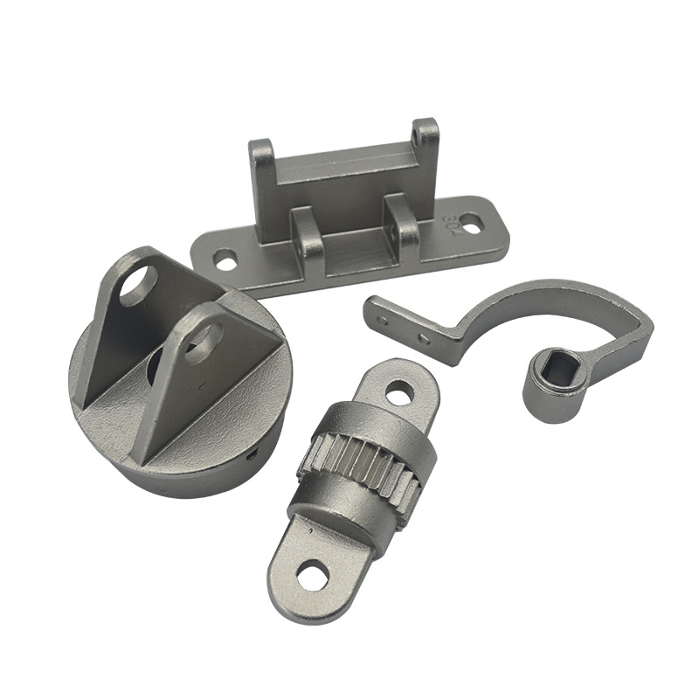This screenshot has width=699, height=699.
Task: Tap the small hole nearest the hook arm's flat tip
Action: [383, 320]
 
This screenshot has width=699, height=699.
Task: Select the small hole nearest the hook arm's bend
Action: [424, 337]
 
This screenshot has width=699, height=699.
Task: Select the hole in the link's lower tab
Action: [311, 575]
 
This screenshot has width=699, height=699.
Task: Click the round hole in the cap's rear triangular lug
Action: [137, 286]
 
